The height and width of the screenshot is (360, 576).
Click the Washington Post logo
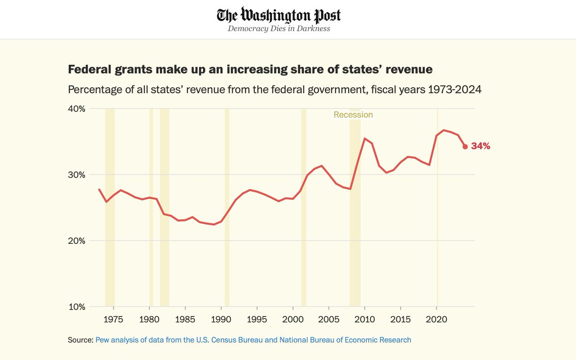pyautogui.click(x=279, y=15)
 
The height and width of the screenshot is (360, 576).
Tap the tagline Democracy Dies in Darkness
pyautogui.click(x=279, y=28)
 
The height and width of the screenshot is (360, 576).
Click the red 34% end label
pyautogui.click(x=480, y=146)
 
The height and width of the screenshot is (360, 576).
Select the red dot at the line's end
pyautogui.click(x=465, y=146)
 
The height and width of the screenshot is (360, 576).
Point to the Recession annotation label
pyautogui.click(x=353, y=115)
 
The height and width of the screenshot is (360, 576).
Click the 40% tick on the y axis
pyautogui.click(x=77, y=109)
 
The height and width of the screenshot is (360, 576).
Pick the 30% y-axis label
pyautogui.click(x=77, y=175)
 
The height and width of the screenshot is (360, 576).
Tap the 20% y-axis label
pyautogui.click(x=77, y=241)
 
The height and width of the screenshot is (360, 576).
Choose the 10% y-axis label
pyautogui.click(x=77, y=307)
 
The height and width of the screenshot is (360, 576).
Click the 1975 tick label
pyautogui.click(x=113, y=319)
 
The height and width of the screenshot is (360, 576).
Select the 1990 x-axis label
pyautogui.click(x=221, y=319)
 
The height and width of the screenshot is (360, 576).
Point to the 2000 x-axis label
pyautogui.click(x=293, y=319)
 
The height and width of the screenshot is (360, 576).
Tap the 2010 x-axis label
pyautogui.click(x=365, y=319)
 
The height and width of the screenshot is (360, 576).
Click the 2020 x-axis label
pyautogui.click(x=436, y=319)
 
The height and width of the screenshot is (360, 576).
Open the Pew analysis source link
pyautogui.click(x=253, y=340)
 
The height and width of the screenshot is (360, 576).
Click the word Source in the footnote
pyautogui.click(x=80, y=340)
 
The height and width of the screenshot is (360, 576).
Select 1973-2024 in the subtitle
pyautogui.click(x=455, y=89)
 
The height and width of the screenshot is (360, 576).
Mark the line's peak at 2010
pyautogui.click(x=364, y=138)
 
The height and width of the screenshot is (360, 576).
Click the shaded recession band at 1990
pyautogui.click(x=227, y=207)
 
